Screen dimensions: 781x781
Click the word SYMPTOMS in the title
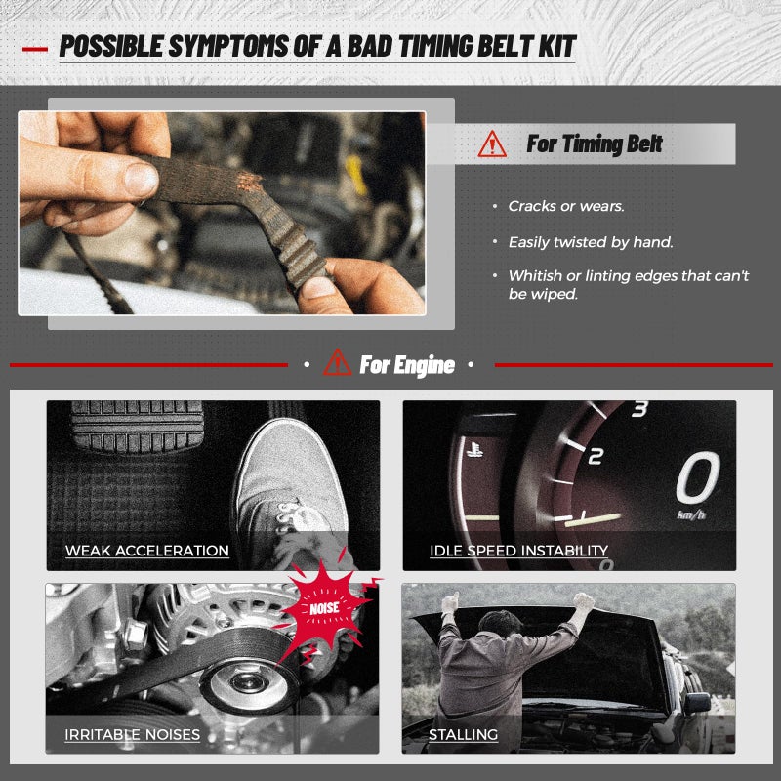click(228, 46)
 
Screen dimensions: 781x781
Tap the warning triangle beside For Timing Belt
click(492, 144)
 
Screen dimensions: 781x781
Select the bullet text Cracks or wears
click(566, 206)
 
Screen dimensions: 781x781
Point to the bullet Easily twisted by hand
click(591, 242)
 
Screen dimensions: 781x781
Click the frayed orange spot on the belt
click(250, 182)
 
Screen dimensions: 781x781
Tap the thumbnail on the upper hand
click(141, 179)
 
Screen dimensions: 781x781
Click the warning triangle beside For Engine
click(337, 362)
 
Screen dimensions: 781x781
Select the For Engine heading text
click(407, 364)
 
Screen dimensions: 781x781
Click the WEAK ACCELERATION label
click(147, 551)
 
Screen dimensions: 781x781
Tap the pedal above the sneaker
click(137, 426)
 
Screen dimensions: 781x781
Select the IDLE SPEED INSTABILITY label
click(518, 551)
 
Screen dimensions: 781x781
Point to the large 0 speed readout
click(697, 477)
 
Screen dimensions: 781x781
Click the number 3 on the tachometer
click(639, 408)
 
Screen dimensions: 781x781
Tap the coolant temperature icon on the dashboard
click(474, 449)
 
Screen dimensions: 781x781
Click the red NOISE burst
click(326, 608)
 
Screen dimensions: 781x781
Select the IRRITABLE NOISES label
click(132, 735)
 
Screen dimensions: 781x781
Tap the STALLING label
click(463, 735)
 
